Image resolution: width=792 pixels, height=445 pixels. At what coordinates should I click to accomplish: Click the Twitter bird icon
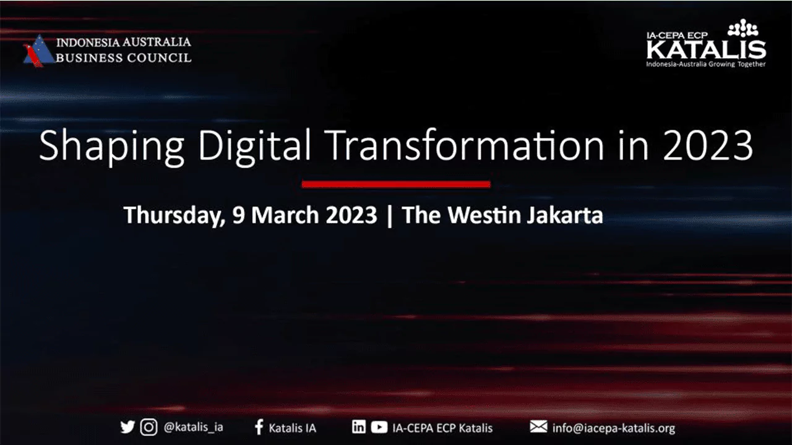click(x=127, y=427)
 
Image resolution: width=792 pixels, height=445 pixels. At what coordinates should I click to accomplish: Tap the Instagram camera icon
click(x=149, y=427)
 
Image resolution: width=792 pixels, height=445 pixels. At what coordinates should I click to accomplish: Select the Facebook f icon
click(x=259, y=427)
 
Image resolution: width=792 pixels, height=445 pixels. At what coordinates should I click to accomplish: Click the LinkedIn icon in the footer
click(x=358, y=426)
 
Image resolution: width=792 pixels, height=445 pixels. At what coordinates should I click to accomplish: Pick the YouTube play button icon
click(x=379, y=427)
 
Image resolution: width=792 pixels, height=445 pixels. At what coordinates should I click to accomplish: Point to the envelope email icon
click(x=538, y=426)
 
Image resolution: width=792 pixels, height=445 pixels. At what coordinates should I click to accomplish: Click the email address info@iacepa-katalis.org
click(x=614, y=428)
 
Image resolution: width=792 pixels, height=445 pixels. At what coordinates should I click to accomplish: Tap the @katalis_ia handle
click(x=194, y=427)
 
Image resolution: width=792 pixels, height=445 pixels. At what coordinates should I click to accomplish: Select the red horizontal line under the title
click(x=396, y=184)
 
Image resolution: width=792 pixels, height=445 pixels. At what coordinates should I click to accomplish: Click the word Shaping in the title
click(x=111, y=146)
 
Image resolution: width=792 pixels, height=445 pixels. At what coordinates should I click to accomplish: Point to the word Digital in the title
click(x=254, y=146)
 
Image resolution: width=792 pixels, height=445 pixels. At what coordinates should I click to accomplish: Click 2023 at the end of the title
click(x=708, y=145)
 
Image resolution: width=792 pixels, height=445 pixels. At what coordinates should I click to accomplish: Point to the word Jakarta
click(x=565, y=215)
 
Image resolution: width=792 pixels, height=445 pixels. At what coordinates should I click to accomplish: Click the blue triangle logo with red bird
click(x=38, y=51)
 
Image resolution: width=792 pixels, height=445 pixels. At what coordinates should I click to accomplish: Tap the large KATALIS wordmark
click(x=706, y=49)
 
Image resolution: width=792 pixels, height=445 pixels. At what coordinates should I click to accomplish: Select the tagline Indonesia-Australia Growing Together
click(x=706, y=64)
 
